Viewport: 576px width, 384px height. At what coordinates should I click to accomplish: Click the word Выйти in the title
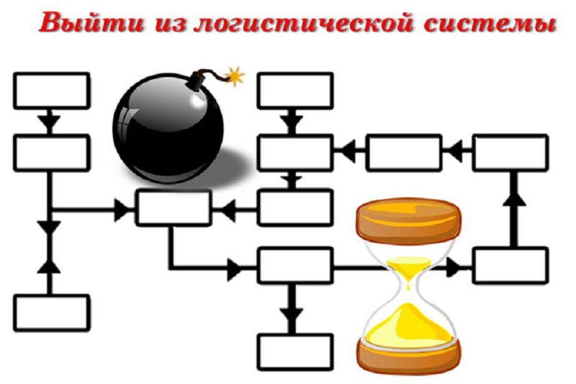tap(92, 22)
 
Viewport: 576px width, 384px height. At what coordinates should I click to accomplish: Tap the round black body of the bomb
tap(168, 128)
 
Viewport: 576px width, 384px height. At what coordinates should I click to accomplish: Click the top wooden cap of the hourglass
tap(408, 220)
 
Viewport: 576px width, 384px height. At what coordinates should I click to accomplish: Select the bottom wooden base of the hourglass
tap(408, 356)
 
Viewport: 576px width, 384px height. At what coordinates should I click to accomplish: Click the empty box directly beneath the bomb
tap(174, 207)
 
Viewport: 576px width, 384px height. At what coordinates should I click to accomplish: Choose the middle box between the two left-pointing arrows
tap(404, 153)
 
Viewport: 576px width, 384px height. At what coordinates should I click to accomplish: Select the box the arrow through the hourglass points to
tap(510, 266)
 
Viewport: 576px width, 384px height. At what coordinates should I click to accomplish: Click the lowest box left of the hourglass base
tap(295, 352)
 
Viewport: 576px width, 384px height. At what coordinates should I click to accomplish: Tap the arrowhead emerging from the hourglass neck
tap(454, 267)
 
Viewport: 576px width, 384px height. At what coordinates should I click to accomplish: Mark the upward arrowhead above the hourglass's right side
tap(514, 199)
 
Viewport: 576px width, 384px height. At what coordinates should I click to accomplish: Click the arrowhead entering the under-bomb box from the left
tap(122, 210)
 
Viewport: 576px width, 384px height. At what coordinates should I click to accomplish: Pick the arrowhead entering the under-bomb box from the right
tap(228, 210)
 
